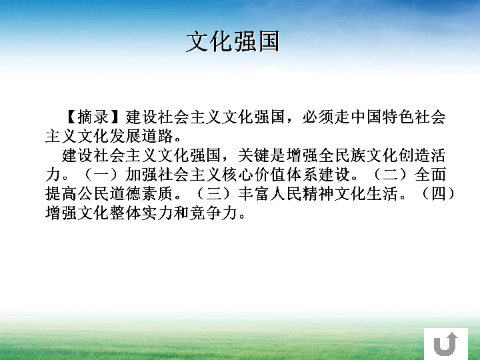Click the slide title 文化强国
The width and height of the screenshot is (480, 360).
(233, 41)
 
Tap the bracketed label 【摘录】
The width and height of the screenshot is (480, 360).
(93, 117)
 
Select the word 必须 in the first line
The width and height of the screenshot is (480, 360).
(318, 117)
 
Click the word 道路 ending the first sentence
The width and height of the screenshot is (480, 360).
(157, 136)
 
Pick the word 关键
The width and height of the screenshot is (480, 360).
(254, 155)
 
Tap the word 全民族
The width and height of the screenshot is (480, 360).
(341, 155)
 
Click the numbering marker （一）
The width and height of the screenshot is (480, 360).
(101, 175)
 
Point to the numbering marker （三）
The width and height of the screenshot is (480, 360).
(213, 194)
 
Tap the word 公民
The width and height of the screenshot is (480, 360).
(93, 194)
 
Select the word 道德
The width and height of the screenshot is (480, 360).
(125, 194)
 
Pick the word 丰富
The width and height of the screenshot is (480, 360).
(254, 194)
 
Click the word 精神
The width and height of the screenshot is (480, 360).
(318, 194)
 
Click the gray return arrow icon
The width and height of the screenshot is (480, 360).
(446, 343)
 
